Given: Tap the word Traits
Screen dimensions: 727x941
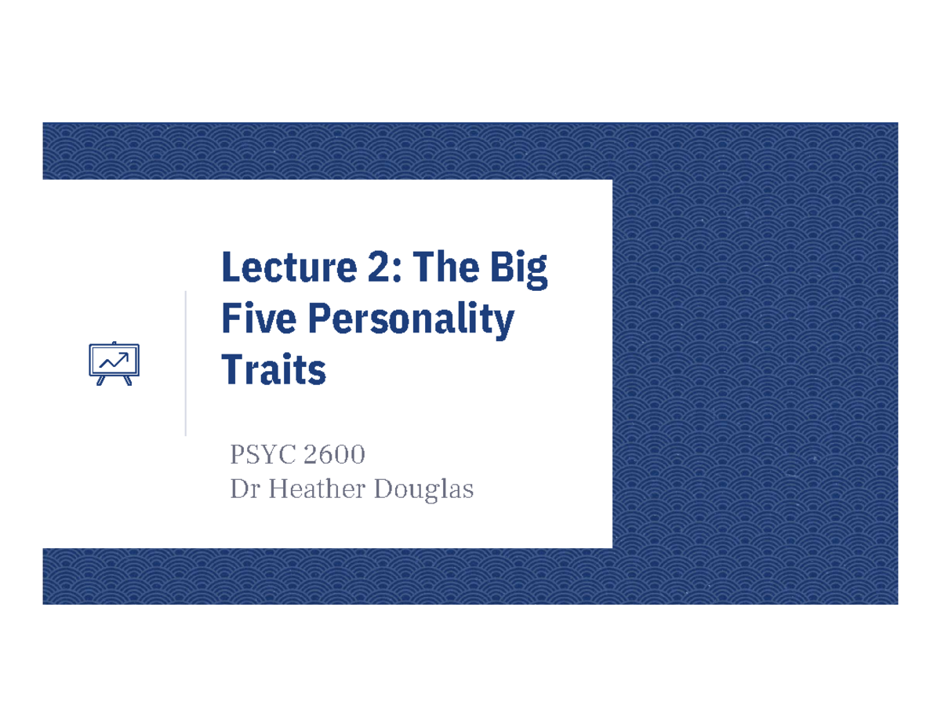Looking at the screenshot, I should [x=274, y=369].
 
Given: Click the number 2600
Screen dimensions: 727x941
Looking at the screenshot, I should [x=336, y=454].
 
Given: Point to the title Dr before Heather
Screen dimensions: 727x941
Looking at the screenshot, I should [x=244, y=490].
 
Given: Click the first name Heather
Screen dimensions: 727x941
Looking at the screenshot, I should [x=319, y=490].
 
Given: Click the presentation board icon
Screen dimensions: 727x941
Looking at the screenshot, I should [x=114, y=363].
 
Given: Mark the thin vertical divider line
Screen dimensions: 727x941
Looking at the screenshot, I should [x=186, y=362].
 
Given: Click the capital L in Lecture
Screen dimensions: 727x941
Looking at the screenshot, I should [x=231, y=268].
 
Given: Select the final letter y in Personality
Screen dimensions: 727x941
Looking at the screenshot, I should [x=505, y=324].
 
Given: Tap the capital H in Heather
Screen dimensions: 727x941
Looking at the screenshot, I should [x=279, y=490].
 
